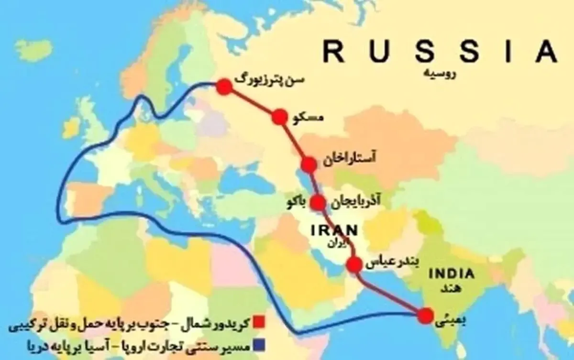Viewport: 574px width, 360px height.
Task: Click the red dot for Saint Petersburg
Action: [224, 87]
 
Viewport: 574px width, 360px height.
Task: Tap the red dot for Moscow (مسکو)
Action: [279, 117]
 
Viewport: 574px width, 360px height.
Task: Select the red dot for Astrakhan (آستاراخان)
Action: [309, 165]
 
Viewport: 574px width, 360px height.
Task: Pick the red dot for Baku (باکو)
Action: [317, 203]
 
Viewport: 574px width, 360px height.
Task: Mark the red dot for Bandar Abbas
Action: [354, 264]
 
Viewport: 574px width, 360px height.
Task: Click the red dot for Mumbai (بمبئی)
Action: [424, 316]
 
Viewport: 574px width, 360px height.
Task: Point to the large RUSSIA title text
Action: [440, 51]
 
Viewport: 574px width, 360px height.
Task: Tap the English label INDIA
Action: [452, 274]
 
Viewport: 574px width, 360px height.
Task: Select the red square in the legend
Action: [260, 320]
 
